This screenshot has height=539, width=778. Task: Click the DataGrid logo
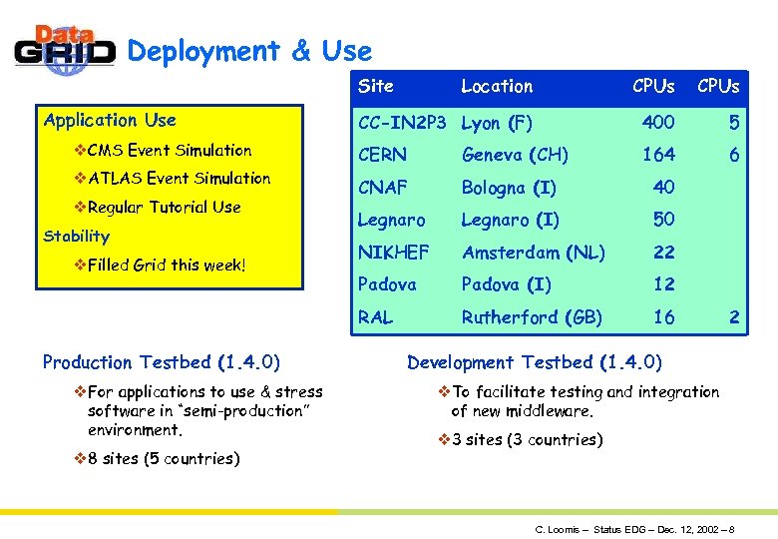tap(65, 50)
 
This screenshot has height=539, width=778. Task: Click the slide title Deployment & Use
tap(249, 51)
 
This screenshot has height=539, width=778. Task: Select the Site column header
tap(376, 86)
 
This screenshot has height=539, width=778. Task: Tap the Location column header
tap(497, 86)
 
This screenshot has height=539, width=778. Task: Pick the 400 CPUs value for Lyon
tap(658, 123)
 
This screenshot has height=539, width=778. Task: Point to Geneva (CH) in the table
tap(515, 155)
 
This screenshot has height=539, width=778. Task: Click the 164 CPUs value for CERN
tap(658, 155)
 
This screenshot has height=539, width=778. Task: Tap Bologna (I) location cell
tap(509, 188)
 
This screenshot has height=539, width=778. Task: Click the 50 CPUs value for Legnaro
tap(663, 220)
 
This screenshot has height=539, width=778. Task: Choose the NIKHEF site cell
tap(392, 253)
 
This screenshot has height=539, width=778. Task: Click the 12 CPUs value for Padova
tap(663, 284)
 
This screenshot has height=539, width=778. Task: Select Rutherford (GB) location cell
tap(532, 317)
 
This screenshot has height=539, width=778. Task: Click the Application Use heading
tap(110, 121)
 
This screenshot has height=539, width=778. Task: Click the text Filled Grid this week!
tap(166, 266)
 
